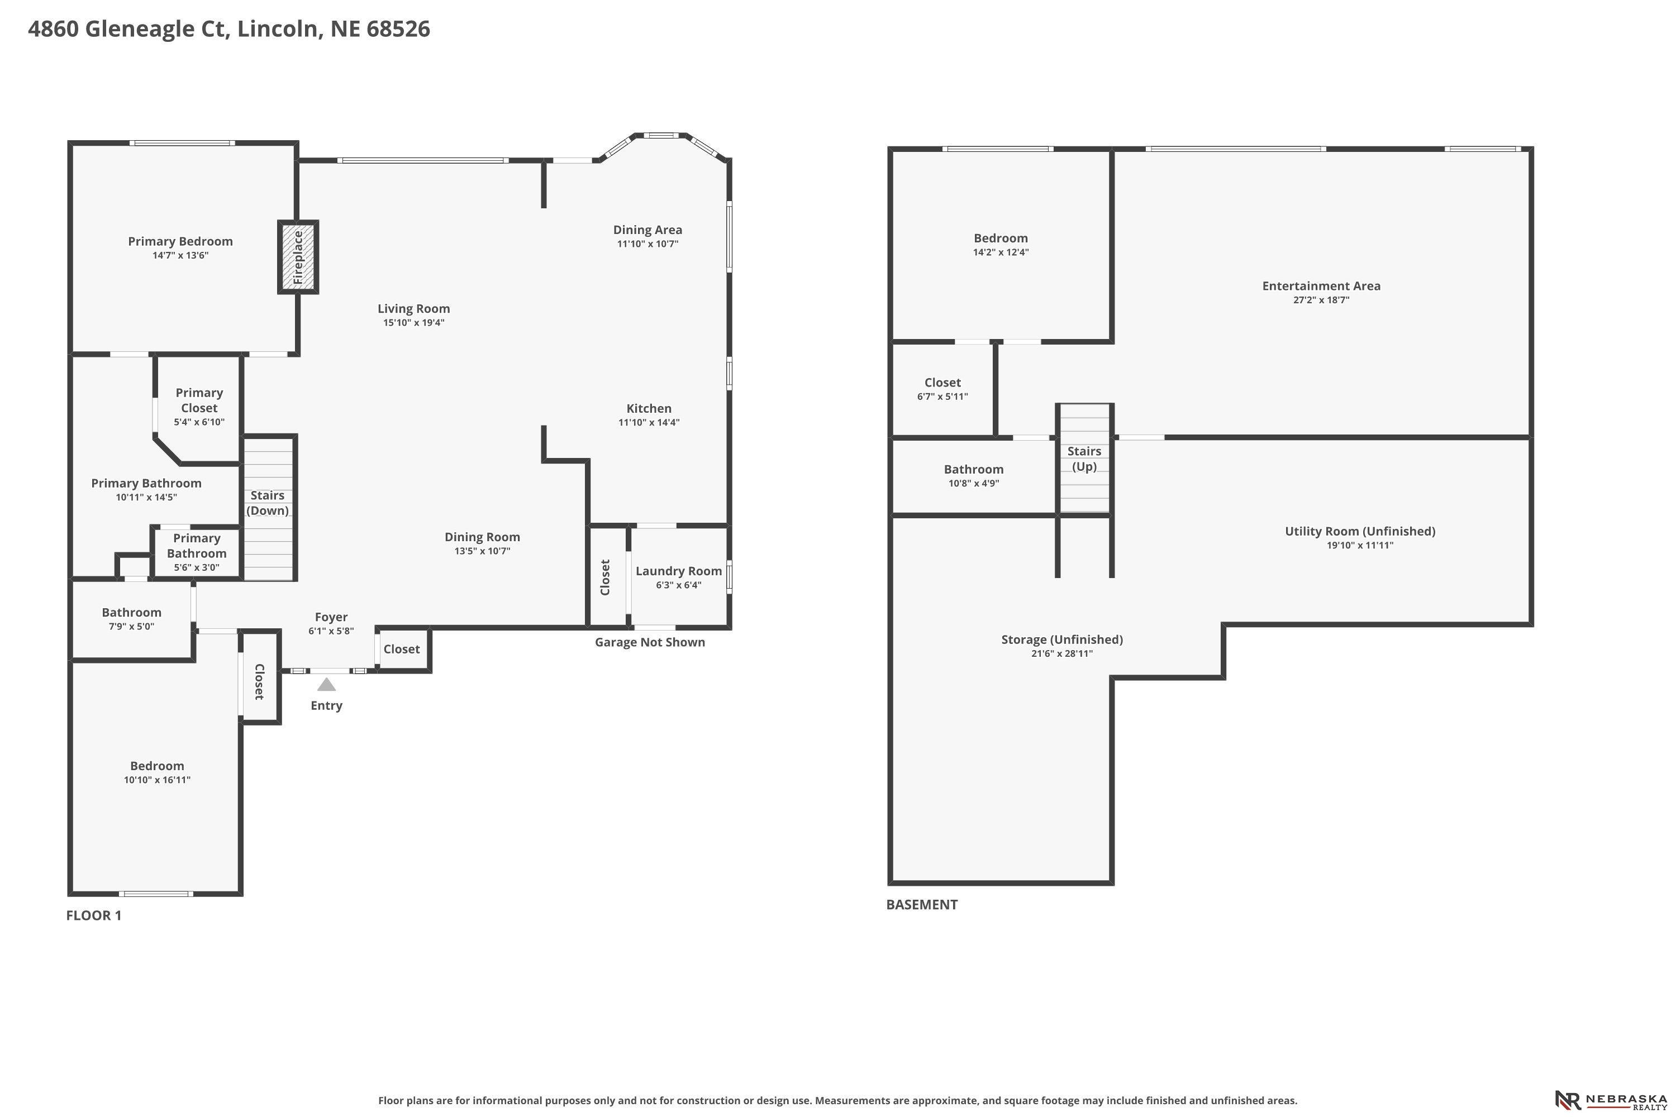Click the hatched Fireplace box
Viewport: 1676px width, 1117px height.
298,257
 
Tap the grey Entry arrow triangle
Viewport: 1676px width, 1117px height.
326,685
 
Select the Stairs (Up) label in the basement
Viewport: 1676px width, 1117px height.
1084,459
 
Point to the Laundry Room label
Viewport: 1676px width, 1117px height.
678,571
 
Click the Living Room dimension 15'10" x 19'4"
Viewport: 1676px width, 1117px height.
414,323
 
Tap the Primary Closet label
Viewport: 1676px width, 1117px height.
199,400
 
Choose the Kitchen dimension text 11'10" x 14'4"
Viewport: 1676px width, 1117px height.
649,422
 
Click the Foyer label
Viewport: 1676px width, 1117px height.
331,618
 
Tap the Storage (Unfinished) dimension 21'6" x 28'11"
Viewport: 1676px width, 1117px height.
1062,653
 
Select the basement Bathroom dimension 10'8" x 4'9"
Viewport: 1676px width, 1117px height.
973,484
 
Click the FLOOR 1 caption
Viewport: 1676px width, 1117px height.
94,915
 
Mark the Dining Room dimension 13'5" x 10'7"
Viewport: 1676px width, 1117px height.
483,551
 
